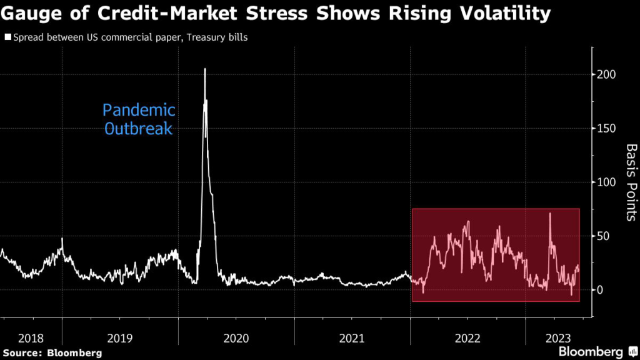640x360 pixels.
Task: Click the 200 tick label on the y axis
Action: pos(606,74)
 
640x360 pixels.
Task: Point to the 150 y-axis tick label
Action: pos(606,128)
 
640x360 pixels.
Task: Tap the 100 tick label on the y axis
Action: pos(606,182)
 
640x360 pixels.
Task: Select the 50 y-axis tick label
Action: pos(603,236)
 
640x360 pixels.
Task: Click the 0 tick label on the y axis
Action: pos(600,289)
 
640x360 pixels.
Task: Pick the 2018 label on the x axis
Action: pos(31,338)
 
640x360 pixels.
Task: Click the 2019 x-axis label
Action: pos(120,338)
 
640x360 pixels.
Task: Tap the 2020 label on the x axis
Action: pos(236,338)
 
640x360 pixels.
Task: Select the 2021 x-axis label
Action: pos(351,338)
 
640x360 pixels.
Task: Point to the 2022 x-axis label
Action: pos(467,338)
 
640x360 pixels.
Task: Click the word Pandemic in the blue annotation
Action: pos(139,111)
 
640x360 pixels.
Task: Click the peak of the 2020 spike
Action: pos(205,69)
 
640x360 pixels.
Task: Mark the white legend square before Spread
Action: pos(7,37)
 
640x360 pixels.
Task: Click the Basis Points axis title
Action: pos(631,182)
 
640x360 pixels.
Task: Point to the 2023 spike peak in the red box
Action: pos(550,214)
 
